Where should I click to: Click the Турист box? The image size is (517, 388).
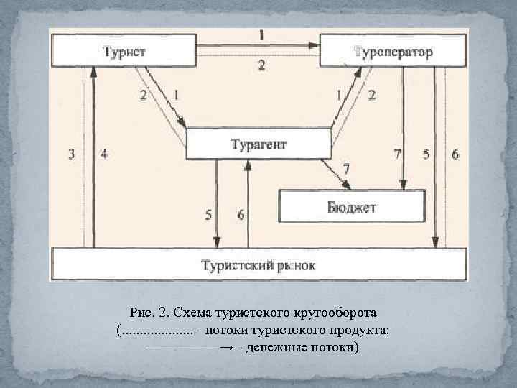[124, 52]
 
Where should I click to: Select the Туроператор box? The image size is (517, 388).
[392, 52]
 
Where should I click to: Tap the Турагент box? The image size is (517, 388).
[258, 144]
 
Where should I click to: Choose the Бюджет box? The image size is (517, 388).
[353, 207]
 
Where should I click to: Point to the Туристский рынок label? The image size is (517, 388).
[258, 265]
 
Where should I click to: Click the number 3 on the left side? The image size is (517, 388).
[70, 153]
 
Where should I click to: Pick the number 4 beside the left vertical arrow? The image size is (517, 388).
[104, 153]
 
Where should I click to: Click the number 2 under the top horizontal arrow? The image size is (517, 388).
[261, 65]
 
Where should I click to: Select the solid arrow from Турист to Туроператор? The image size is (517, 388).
[258, 45]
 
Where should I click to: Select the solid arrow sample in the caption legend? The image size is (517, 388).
[190, 348]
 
